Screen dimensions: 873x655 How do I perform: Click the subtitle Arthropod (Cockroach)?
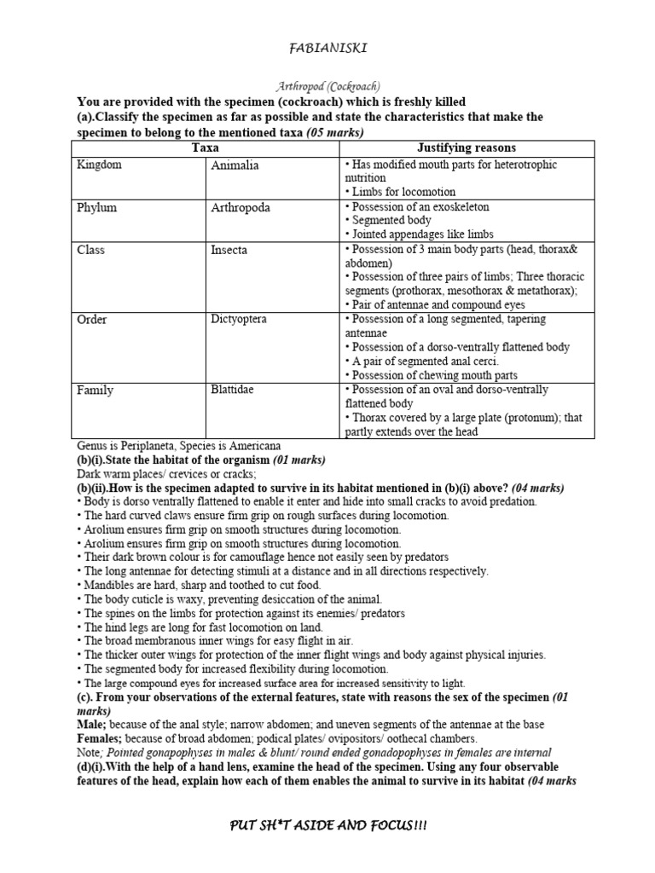click(327, 86)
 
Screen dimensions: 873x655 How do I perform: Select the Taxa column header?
click(205, 147)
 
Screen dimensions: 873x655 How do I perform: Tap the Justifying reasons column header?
click(465, 147)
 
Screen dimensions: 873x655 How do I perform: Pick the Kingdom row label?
click(99, 165)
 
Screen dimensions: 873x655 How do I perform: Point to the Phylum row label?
click(96, 207)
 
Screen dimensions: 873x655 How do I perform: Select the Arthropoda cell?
click(239, 207)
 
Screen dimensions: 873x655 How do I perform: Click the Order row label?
click(92, 320)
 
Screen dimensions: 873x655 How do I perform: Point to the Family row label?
click(95, 390)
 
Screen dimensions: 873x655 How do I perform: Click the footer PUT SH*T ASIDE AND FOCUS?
click(327, 827)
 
